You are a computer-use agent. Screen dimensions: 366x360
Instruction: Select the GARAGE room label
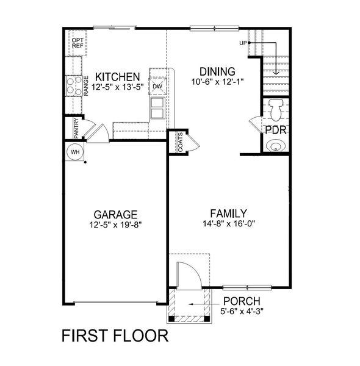[115, 215]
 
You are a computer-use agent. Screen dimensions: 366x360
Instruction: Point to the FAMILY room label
[228, 213]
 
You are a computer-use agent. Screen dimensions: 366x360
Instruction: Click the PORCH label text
[242, 301]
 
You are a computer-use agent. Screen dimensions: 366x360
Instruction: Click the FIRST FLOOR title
[115, 335]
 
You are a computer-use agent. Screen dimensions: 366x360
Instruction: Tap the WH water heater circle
[76, 151]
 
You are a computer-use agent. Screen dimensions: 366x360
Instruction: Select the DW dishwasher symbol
[157, 86]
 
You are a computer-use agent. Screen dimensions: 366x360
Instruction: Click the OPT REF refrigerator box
[77, 43]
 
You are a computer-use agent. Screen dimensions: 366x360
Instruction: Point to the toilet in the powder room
[276, 109]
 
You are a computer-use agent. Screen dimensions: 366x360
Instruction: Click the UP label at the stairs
[243, 43]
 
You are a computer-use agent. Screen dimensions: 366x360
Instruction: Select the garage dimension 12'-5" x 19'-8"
[115, 225]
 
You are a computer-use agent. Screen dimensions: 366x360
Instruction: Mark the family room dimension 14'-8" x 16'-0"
[228, 223]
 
